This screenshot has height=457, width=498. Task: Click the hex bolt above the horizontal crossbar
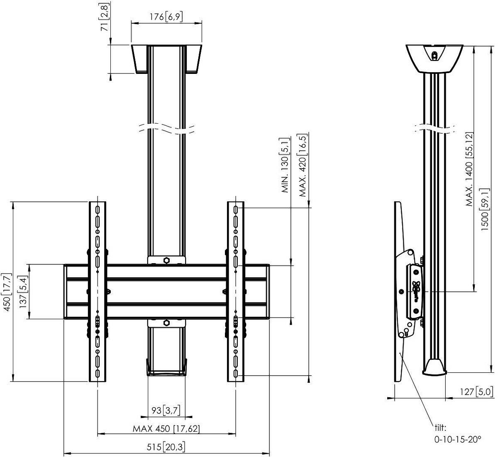coord(166,260)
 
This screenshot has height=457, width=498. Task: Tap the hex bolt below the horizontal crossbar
coord(166,323)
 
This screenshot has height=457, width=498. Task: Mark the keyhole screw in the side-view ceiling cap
coord(434,55)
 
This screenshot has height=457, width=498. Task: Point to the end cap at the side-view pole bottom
coord(435,367)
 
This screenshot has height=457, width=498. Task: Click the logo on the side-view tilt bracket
coord(415,289)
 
